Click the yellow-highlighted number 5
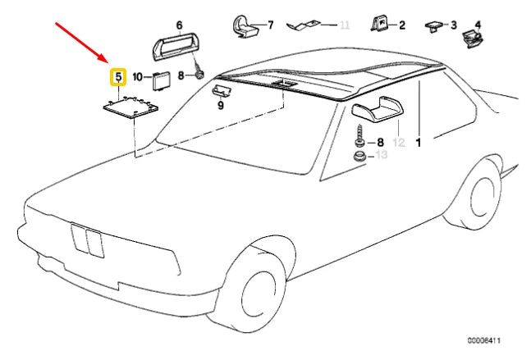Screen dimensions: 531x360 [x=118, y=77]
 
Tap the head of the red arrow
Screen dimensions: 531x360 [x=108, y=62]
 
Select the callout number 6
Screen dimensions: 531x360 [x=179, y=25]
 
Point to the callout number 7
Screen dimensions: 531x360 [x=270, y=25]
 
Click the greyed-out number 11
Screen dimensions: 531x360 [x=345, y=25]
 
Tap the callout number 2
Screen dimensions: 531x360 [x=401, y=25]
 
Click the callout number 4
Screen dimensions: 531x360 [x=478, y=25]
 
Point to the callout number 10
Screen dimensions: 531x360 [x=138, y=77]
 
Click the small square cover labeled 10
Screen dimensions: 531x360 [x=158, y=81]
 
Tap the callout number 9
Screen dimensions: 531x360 [x=221, y=106]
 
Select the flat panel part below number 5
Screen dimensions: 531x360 [x=130, y=107]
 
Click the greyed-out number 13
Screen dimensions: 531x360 [x=382, y=155]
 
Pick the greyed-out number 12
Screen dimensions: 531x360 [x=399, y=143]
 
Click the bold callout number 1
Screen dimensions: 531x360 [x=419, y=143]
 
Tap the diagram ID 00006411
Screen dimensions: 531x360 [x=484, y=340]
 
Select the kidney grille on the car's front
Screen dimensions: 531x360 [x=87, y=241]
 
